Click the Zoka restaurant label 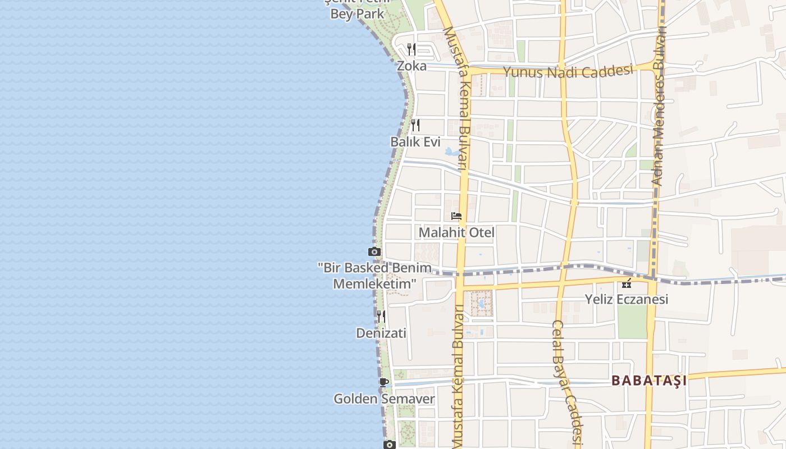412,66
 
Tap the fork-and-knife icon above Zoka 412,49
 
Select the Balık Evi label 415,142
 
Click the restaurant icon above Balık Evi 415,125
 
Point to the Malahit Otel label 456,232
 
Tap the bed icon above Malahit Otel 456,216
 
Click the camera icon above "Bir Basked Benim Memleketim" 374,251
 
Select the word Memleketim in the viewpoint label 374,284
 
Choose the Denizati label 381,333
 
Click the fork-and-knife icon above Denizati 381,317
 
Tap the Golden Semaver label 384,399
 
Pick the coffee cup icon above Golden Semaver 384,383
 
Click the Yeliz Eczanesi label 627,299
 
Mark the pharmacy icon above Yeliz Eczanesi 627,283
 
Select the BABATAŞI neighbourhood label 649,381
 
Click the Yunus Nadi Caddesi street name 568,71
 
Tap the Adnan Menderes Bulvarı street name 659,107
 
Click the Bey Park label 357,13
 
